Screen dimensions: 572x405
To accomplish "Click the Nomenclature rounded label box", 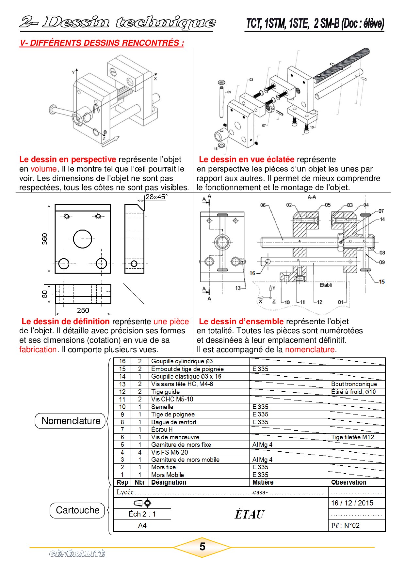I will click(70, 421).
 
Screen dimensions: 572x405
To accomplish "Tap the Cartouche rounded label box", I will click(77, 510).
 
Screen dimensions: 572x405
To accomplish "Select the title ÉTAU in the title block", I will click(249, 514).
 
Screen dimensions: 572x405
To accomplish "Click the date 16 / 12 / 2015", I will click(352, 503).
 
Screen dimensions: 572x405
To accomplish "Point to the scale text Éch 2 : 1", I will click(142, 514).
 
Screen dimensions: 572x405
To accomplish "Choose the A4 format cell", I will click(142, 525).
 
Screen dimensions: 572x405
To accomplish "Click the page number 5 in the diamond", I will click(202, 547).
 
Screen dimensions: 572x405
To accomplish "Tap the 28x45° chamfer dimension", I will click(156, 197).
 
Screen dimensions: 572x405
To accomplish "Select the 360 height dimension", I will click(45, 239).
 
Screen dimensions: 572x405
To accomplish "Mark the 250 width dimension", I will click(83, 310).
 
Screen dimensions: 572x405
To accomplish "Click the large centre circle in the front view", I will click(82, 239).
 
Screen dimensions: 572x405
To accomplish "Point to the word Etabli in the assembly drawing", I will click(326, 285).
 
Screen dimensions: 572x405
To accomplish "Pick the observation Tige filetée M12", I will click(352, 437).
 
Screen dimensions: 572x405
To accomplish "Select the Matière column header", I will click(263, 482).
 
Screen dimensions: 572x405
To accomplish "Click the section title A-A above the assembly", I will click(312, 197).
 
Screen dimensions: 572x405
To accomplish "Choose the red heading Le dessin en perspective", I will click(68, 159).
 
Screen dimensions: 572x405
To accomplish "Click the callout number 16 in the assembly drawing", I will click(252, 273).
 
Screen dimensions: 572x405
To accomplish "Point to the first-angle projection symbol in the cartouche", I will click(142, 503).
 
